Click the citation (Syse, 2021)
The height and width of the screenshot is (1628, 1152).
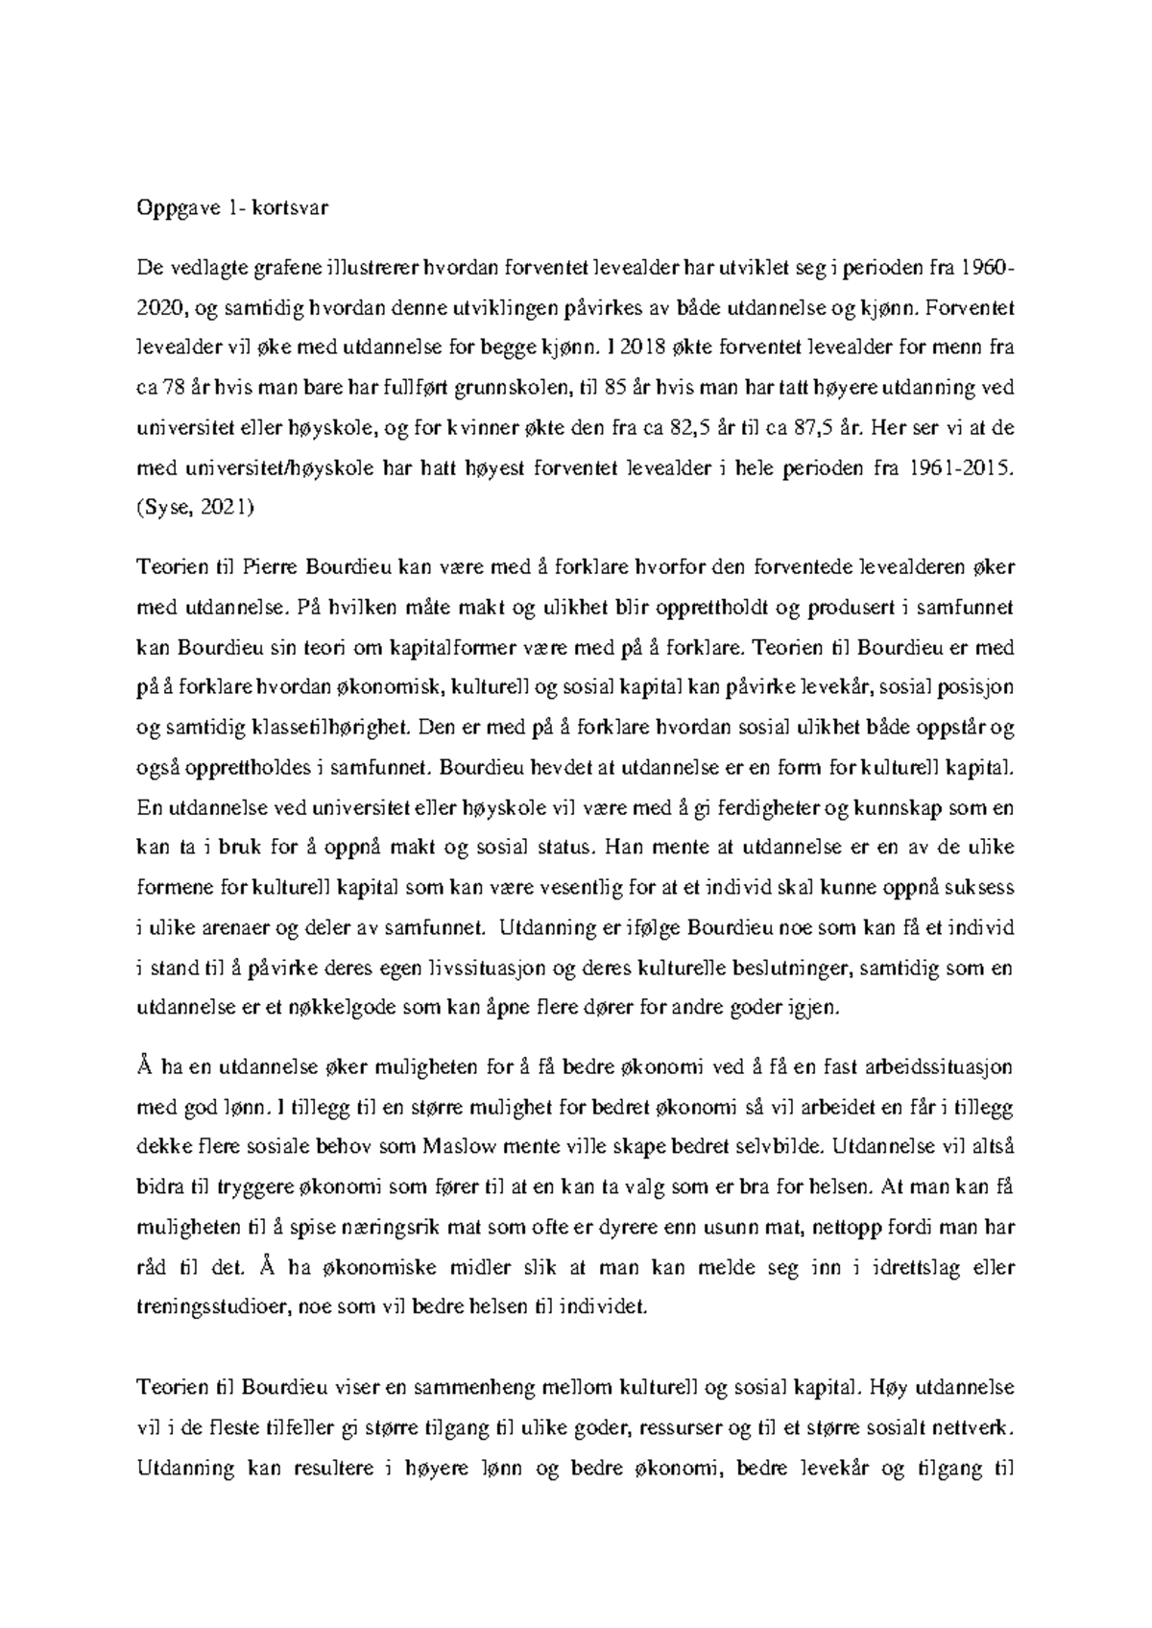[196, 509]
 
